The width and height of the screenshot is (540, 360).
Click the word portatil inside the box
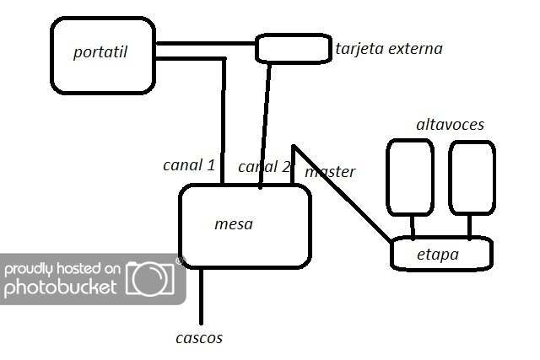[100, 52]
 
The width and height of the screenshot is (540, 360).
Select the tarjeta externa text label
[388, 48]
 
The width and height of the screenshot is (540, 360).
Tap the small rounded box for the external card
[293, 48]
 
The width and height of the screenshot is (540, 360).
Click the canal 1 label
[189, 164]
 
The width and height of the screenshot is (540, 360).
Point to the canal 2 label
[263, 166]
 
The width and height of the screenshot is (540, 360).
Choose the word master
[330, 172]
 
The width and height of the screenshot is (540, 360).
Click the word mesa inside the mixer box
[234, 224]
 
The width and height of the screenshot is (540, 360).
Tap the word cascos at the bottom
[199, 337]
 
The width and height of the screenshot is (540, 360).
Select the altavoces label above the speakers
[450, 125]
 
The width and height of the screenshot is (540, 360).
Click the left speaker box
[410, 177]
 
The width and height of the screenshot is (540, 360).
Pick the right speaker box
[471, 177]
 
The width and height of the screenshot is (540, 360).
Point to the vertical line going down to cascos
[202, 295]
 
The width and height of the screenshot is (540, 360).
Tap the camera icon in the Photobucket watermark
[149, 278]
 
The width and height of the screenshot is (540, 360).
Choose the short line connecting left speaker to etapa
[413, 226]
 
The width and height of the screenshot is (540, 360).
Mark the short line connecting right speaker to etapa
[470, 226]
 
